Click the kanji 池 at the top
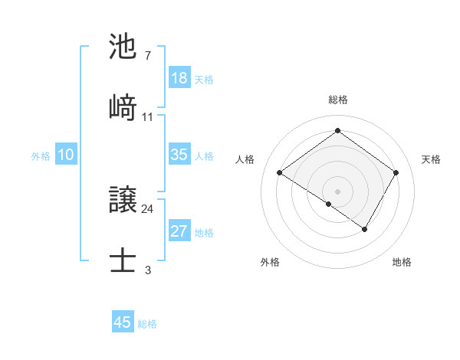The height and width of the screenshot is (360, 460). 123,47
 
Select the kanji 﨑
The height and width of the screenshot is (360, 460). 123,106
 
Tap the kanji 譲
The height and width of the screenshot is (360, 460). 123,201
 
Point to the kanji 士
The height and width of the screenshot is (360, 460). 123,260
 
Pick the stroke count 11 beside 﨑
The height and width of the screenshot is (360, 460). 148,117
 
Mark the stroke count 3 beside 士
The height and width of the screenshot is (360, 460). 147,270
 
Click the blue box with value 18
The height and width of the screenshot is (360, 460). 179,78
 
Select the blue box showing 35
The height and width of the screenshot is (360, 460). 179,155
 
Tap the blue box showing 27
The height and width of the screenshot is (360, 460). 179,231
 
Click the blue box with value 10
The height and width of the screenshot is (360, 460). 66,155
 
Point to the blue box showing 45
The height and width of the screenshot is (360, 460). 123,322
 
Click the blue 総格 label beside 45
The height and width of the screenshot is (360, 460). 147,324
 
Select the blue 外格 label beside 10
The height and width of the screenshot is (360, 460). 41,156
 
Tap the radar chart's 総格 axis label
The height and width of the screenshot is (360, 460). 338,100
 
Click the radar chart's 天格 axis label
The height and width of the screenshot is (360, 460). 431,159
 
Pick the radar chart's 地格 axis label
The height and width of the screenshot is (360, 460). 402,262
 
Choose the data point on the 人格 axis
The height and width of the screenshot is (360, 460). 280,173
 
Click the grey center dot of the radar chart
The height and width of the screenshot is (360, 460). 338,191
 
